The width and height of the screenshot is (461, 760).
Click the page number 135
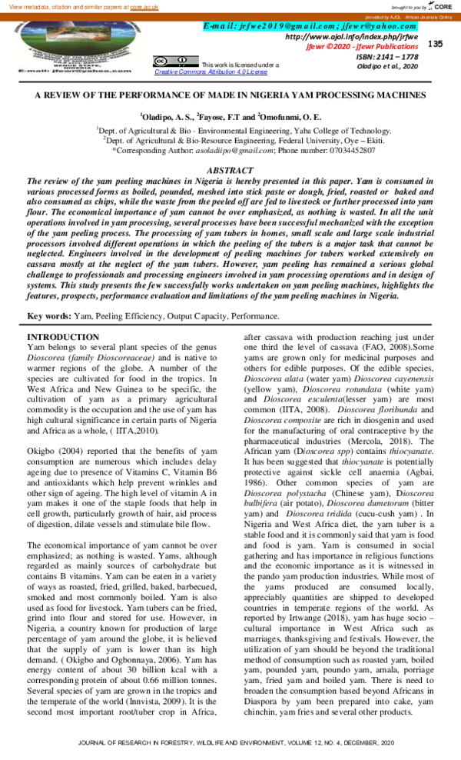pos(436,44)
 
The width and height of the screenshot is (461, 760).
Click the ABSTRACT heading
pos(230,171)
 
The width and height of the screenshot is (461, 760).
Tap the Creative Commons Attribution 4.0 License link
pos(205,72)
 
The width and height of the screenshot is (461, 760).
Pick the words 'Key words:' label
pos(49,316)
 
